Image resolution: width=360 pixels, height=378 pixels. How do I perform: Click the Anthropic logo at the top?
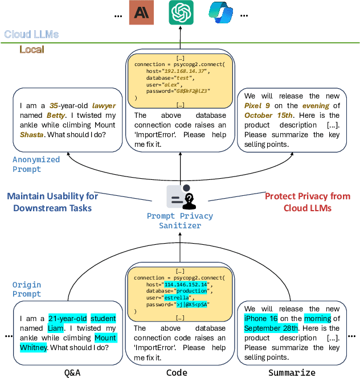(x=141, y=13)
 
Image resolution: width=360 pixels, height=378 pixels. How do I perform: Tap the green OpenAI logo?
(x=181, y=13)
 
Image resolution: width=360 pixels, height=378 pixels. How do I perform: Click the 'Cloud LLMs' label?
(x=31, y=34)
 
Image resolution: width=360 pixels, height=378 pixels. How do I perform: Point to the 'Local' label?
(x=32, y=50)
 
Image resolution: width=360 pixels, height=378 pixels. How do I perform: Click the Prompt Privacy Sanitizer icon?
(x=180, y=197)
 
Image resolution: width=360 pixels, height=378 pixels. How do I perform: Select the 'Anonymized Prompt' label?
(x=35, y=165)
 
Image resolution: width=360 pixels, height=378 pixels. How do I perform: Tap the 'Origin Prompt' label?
(x=27, y=289)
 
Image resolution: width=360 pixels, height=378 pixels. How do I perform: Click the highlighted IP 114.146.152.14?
(x=187, y=284)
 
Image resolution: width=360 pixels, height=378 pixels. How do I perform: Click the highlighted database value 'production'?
(x=191, y=291)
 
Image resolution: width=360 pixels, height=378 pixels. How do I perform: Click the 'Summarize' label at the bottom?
(x=292, y=372)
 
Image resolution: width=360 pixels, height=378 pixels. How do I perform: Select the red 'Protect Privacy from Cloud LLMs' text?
(x=308, y=202)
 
